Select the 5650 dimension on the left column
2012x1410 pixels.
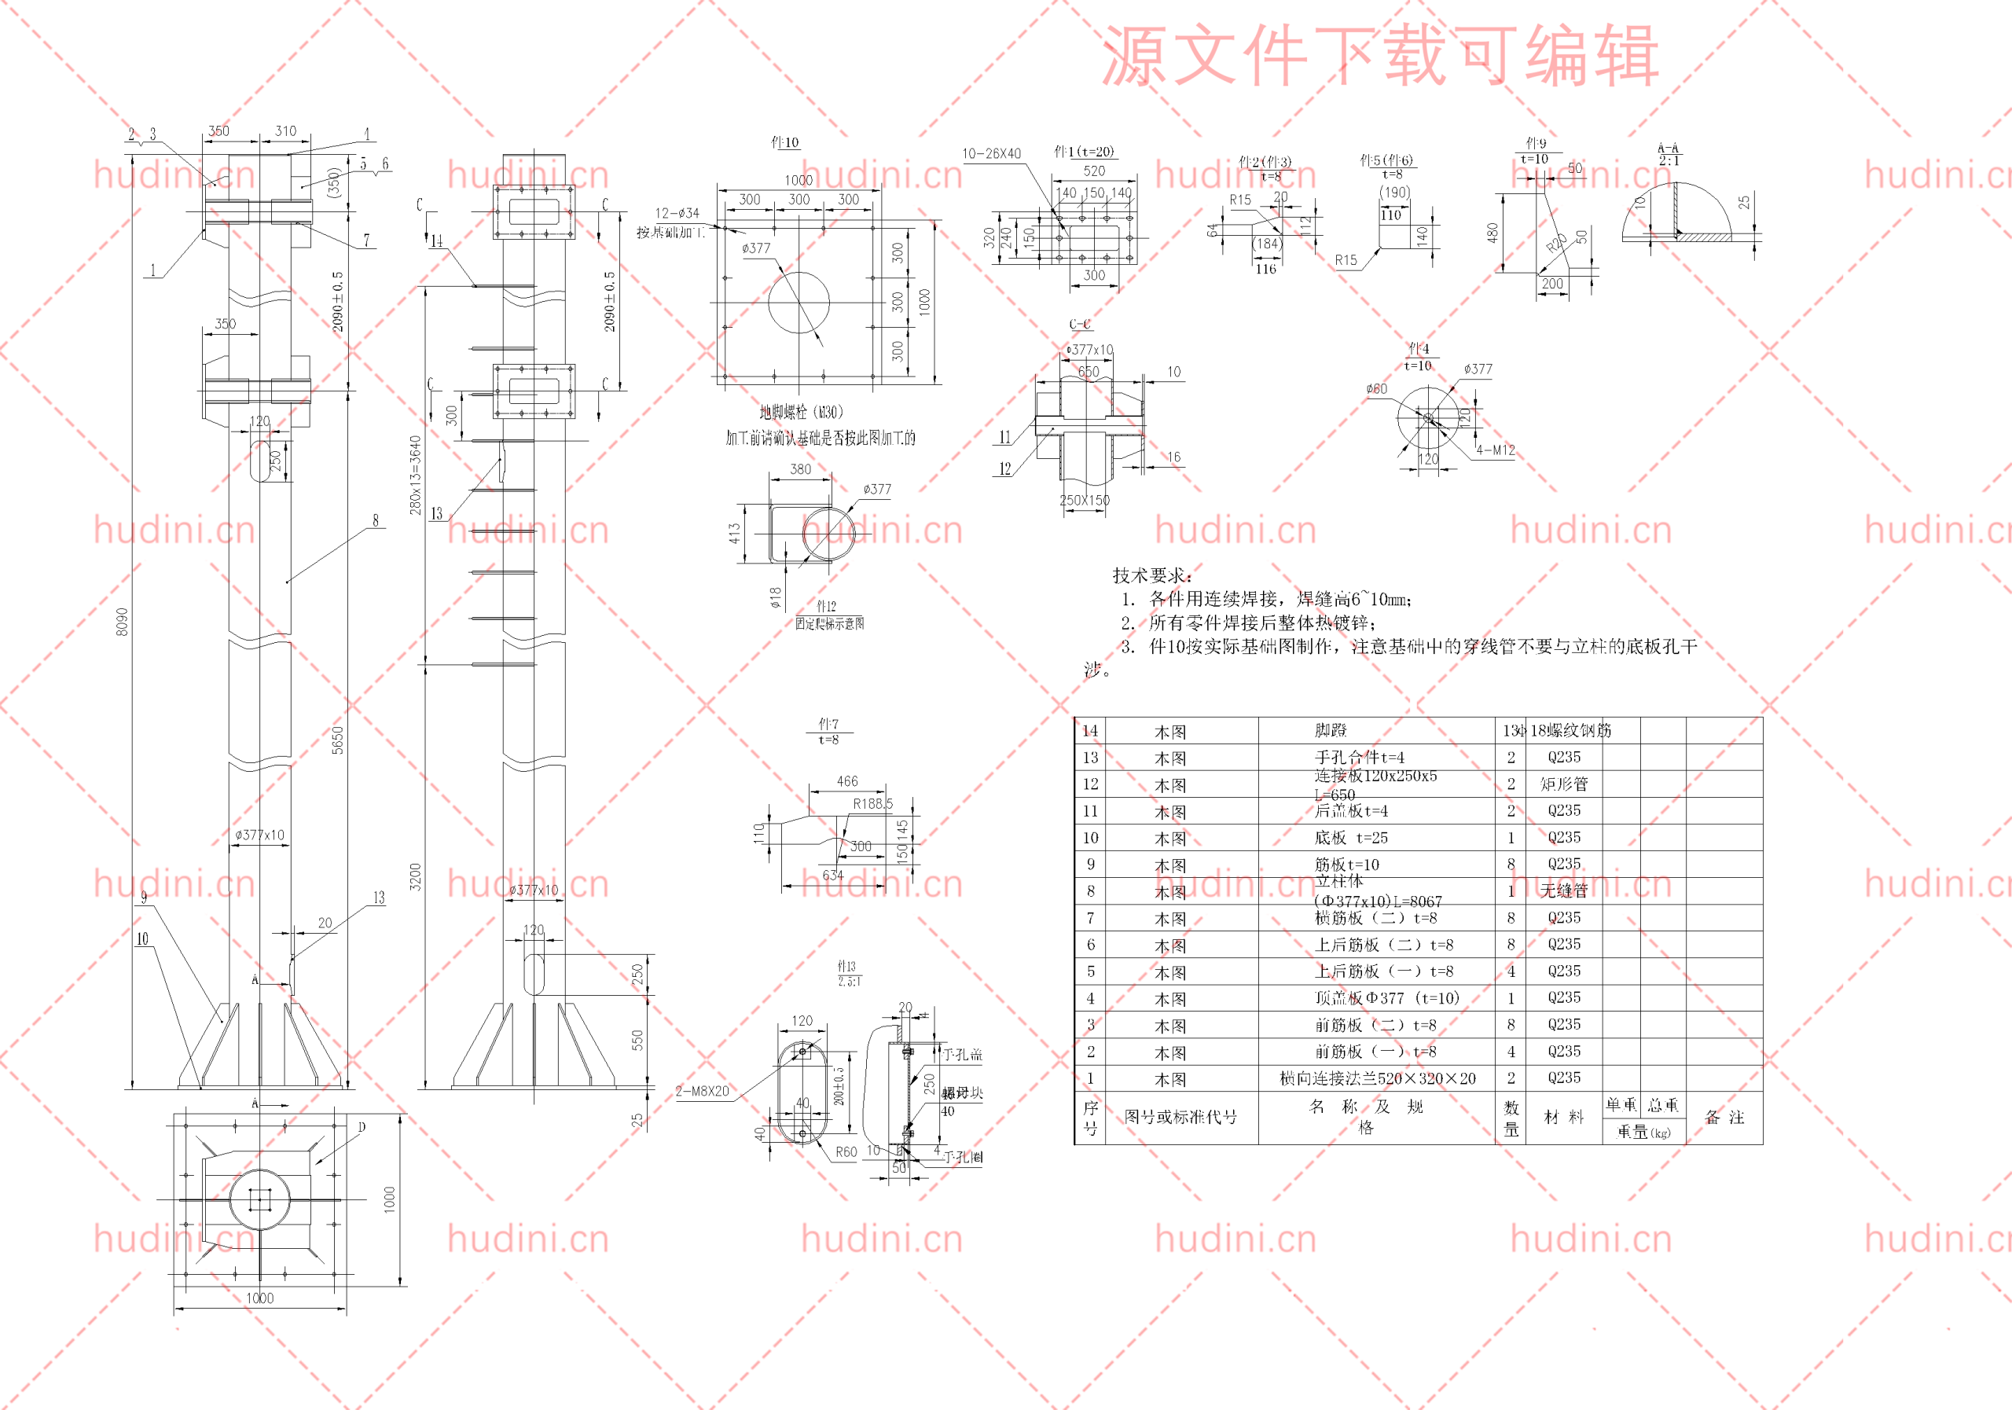[337, 740]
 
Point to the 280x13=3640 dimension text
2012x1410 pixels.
[416, 475]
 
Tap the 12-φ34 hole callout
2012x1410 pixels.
[677, 213]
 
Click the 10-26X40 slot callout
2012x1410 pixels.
[991, 153]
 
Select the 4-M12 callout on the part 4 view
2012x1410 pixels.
[1495, 450]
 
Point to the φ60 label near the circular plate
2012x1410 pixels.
[1377, 388]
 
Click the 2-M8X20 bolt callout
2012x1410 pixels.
[702, 1091]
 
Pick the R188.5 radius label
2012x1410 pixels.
[873, 802]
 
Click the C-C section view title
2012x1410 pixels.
[1080, 325]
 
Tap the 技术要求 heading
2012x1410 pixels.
[1152, 575]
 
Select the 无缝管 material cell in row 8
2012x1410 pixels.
[1564, 890]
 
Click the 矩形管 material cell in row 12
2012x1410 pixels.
[1564, 784]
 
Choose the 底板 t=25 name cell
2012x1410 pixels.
[1350, 837]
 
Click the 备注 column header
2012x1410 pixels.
[1724, 1118]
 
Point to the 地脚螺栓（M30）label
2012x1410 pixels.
[801, 412]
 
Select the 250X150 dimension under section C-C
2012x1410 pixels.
[1084, 501]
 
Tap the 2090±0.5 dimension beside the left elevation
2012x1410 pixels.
[337, 300]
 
